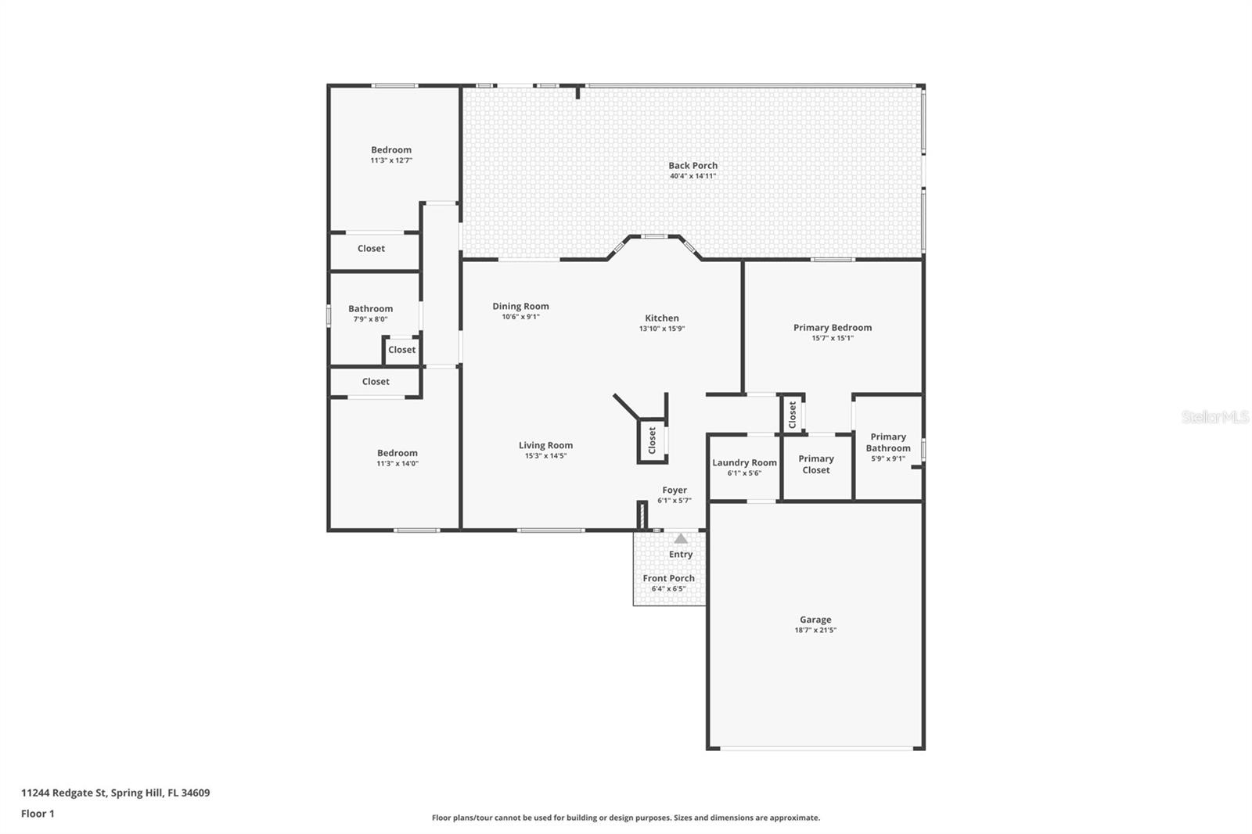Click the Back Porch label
click(693, 165)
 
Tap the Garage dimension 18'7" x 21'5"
click(815, 630)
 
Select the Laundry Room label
click(744, 462)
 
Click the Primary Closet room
click(816, 465)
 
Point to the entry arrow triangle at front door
click(681, 538)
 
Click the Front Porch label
click(668, 578)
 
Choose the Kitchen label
click(661, 318)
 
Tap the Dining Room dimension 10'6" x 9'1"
click(520, 317)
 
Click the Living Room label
click(545, 445)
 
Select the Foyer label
click(674, 490)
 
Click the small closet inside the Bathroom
click(401, 350)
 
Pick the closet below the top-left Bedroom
click(371, 249)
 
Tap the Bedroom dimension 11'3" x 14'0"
click(398, 463)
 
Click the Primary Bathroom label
click(888, 442)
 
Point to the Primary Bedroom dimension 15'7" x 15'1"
click(833, 338)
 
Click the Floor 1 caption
click(38, 814)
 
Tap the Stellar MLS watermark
click(1214, 417)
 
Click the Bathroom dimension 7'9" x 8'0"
click(370, 319)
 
